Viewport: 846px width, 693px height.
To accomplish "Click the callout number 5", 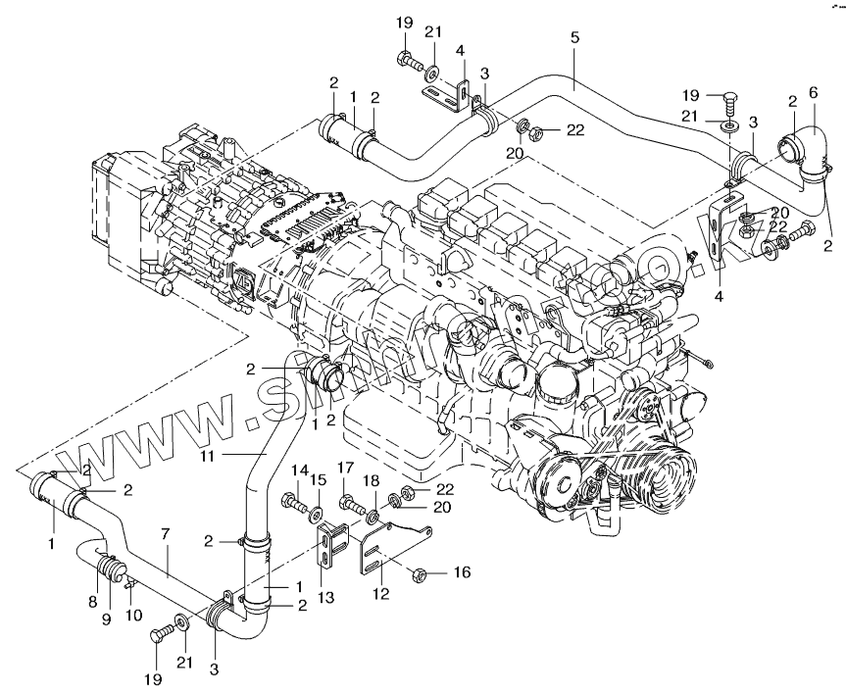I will tap(574, 37).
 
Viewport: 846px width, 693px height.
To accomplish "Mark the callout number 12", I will tap(380, 591).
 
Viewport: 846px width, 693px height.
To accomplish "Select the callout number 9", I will tap(108, 618).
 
